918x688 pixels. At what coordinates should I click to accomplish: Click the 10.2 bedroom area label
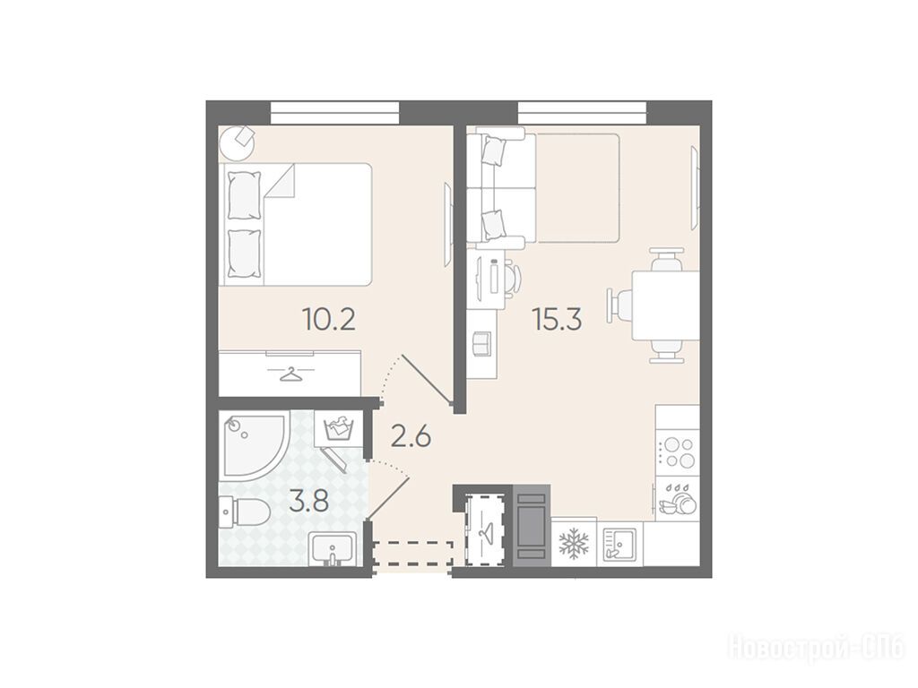(x=328, y=320)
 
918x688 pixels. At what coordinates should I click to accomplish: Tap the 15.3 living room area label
(x=556, y=320)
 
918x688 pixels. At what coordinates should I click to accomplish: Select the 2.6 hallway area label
(x=411, y=437)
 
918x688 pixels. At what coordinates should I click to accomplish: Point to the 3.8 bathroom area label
(x=308, y=502)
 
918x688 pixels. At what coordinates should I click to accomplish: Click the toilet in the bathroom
(x=244, y=512)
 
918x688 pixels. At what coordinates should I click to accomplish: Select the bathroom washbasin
(x=333, y=550)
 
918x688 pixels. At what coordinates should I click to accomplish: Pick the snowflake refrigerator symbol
(x=574, y=544)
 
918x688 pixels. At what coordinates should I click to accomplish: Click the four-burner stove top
(x=678, y=452)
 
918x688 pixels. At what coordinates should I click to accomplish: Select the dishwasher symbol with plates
(x=677, y=499)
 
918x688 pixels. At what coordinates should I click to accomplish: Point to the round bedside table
(x=238, y=143)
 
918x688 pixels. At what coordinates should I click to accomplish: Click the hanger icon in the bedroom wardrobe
(x=290, y=374)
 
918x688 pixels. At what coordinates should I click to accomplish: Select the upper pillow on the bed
(x=244, y=195)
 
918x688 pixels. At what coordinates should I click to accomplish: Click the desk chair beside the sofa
(x=512, y=276)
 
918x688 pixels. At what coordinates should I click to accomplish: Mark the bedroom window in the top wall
(x=335, y=113)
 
